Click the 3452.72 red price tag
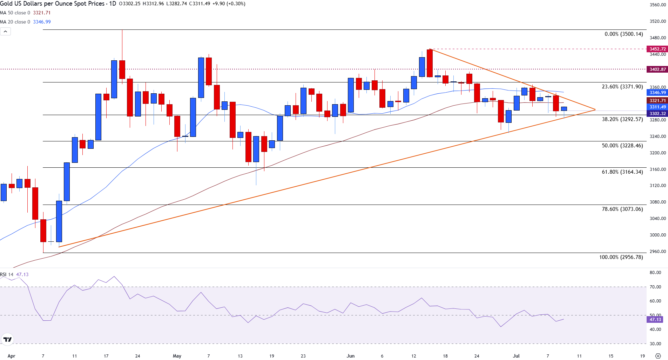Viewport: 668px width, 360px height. pos(657,49)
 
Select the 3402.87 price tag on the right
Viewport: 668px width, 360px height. pos(657,69)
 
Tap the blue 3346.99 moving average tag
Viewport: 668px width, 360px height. pos(657,93)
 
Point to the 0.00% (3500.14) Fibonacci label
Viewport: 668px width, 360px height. pos(623,34)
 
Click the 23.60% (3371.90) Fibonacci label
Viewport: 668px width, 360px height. pos(622,87)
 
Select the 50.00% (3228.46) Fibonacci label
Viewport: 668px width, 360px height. pos(622,146)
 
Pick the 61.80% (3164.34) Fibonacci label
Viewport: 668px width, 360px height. pos(622,172)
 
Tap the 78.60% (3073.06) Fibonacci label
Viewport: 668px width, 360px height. pos(622,209)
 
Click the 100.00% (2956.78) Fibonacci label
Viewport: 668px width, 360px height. pos(621,257)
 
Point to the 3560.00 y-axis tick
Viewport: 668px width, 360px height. pos(657,5)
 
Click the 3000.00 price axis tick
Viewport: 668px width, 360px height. pos(657,235)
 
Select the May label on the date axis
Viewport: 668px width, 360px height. pos(177,356)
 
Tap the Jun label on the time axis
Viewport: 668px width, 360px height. pos(350,356)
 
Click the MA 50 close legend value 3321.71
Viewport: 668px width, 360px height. pos(42,13)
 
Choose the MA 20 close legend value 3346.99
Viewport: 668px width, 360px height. pos(42,22)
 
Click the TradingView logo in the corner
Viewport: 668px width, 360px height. pos(7,339)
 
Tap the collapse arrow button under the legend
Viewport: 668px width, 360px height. pos(5,32)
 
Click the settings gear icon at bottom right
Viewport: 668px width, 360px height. pos(658,356)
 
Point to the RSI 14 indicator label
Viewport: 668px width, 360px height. pos(7,274)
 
